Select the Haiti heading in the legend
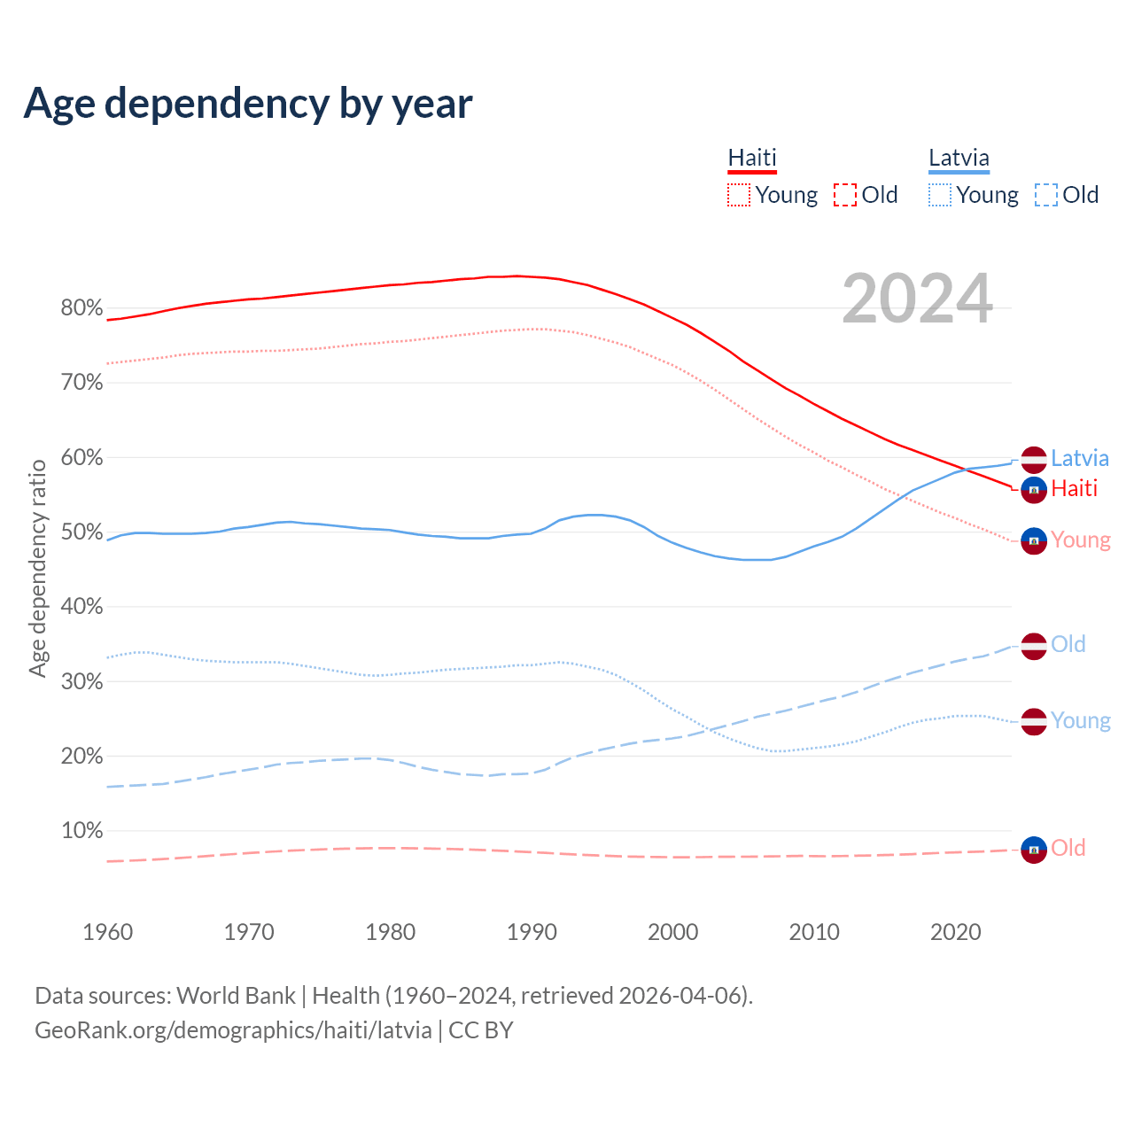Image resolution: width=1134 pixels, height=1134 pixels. click(752, 158)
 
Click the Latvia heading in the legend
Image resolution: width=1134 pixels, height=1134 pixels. click(959, 158)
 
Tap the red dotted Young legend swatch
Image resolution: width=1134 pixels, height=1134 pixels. click(739, 195)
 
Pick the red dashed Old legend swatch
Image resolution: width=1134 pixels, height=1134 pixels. click(845, 195)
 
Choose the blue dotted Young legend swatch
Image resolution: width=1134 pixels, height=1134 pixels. click(940, 195)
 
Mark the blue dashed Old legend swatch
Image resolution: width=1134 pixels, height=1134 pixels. click(1046, 195)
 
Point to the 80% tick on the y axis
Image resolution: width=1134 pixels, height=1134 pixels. click(82, 308)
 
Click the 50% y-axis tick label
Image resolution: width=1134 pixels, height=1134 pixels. click(82, 532)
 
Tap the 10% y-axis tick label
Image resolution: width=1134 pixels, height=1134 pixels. click(82, 831)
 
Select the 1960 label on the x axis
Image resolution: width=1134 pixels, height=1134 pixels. click(107, 932)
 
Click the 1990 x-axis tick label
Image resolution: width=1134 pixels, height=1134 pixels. click(532, 932)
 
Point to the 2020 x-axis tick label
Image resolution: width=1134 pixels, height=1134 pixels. click(956, 932)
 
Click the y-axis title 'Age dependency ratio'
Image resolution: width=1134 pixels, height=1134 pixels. click(37, 568)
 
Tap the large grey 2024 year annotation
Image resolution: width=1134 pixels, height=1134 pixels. click(917, 299)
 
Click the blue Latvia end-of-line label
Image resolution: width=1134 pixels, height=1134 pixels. click(1079, 458)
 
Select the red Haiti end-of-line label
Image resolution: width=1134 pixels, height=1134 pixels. click(1074, 488)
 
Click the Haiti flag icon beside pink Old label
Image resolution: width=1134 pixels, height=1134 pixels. click(1034, 850)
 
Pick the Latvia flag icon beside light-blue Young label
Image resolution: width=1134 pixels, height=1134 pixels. click(1034, 721)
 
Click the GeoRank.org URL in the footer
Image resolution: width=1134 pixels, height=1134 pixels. click(233, 1030)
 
